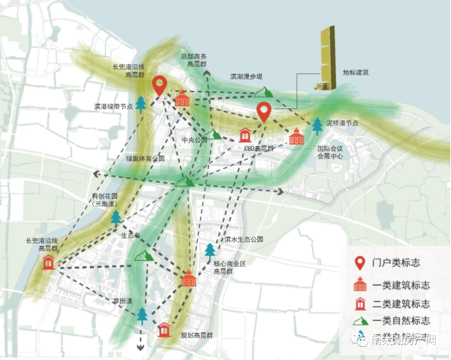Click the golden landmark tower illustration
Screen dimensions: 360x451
pyautogui.click(x=327, y=58)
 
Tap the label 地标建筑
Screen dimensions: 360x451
pyautogui.click(x=356, y=72)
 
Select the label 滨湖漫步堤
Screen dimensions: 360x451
pyautogui.click(x=246, y=77)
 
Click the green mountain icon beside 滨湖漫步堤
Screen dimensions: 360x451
pyautogui.click(x=264, y=92)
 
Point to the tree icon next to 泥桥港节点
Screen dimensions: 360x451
pyautogui.click(x=317, y=126)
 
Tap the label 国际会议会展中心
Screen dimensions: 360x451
pyautogui.click(x=330, y=152)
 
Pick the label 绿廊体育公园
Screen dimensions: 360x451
pyautogui.click(x=145, y=159)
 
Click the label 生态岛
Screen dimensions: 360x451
pyautogui.click(x=130, y=235)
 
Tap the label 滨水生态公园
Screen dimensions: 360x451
pyautogui.click(x=244, y=239)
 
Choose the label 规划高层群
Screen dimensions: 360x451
pyautogui.click(x=197, y=335)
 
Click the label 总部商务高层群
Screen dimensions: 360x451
pyautogui.click(x=197, y=60)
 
